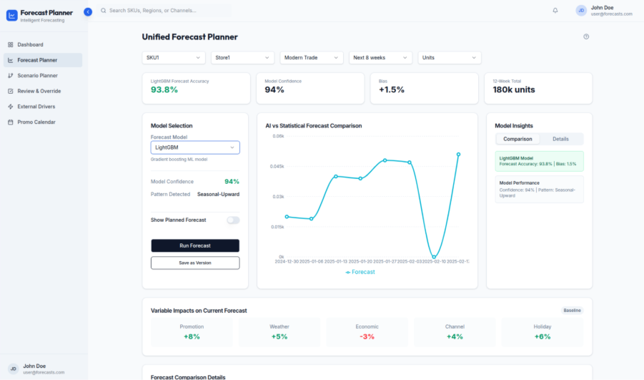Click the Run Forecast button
coord(195,245)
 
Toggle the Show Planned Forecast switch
coord(233,220)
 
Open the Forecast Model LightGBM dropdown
coord(195,147)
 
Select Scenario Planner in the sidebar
coord(37,75)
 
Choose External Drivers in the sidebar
coord(36,107)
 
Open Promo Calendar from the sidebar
coord(36,122)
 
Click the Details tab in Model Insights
coord(560,139)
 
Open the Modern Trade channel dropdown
coord(312,57)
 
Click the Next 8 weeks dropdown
coord(380,57)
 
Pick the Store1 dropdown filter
coord(244,57)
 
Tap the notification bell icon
coord(555,10)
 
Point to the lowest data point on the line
coord(434,256)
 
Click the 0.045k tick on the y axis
coord(276,167)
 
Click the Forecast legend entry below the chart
coord(360,272)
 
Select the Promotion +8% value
coord(192,336)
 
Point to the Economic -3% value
coord(367,336)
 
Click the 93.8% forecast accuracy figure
coord(164,90)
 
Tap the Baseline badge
coord(572,311)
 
